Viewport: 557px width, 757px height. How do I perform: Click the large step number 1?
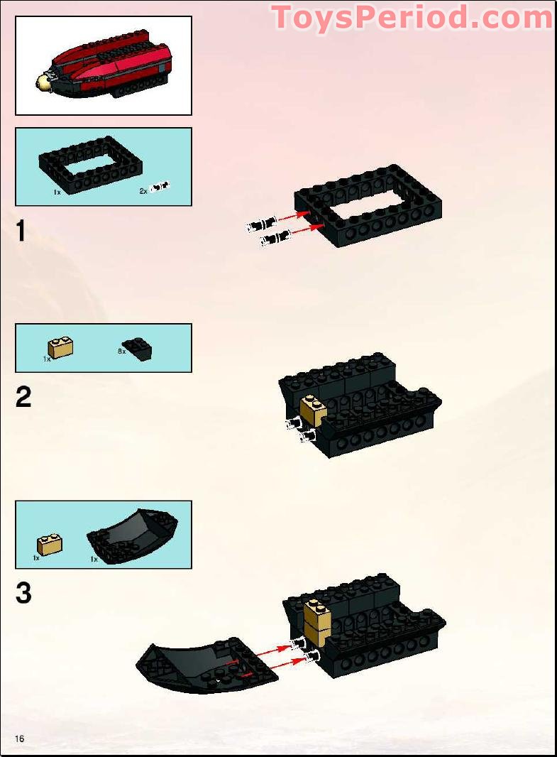coord(21,232)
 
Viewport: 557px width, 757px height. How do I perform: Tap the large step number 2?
coord(23,398)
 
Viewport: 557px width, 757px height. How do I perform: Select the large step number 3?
coord(23,593)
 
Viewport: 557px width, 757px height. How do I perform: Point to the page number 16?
coord(18,739)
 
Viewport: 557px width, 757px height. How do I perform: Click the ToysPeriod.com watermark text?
coord(412,17)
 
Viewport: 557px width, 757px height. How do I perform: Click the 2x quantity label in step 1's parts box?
coord(143,192)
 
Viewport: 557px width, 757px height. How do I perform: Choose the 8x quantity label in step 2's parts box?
coord(121,351)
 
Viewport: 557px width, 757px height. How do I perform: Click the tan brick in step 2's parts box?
coord(61,347)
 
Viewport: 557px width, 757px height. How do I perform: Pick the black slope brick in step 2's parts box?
coord(138,348)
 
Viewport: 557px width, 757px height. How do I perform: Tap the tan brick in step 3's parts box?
coord(48,545)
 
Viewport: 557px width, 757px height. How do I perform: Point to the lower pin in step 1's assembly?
coord(275,239)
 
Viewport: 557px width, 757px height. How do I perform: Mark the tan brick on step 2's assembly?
coord(313,410)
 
